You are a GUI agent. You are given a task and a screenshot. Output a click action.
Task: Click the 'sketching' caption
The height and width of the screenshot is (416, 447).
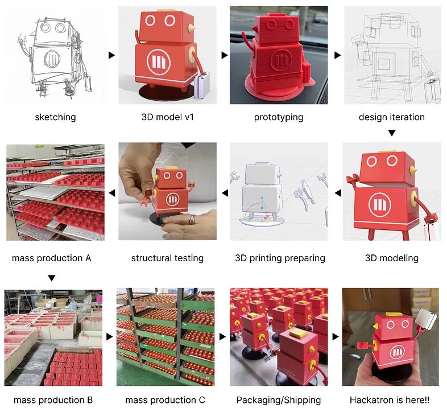click(55, 117)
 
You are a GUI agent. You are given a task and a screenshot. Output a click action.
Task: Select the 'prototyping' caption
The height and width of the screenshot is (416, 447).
click(279, 117)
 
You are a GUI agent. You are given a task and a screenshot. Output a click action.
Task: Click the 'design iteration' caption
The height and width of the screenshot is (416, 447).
click(391, 117)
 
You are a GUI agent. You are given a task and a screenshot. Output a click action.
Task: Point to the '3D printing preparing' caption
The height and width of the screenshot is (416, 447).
click(280, 258)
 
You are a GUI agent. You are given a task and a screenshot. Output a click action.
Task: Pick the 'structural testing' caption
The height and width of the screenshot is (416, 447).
click(167, 258)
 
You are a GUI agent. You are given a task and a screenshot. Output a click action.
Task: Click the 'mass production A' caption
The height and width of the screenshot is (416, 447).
click(52, 258)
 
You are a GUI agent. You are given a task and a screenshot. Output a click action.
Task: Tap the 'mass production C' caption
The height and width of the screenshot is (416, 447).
click(165, 400)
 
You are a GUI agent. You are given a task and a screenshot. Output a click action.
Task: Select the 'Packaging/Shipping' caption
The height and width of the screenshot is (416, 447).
click(279, 400)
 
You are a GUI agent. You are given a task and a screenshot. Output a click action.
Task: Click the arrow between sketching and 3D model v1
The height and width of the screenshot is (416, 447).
click(111, 55)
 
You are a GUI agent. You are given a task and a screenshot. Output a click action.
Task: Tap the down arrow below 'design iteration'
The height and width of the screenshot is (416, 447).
click(391, 133)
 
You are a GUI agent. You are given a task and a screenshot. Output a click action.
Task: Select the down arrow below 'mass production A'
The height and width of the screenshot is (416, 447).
click(52, 278)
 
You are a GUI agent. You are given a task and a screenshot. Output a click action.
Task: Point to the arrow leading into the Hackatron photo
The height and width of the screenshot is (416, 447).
click(336, 337)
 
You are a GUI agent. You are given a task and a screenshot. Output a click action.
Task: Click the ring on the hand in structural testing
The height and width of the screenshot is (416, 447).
click(193, 220)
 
